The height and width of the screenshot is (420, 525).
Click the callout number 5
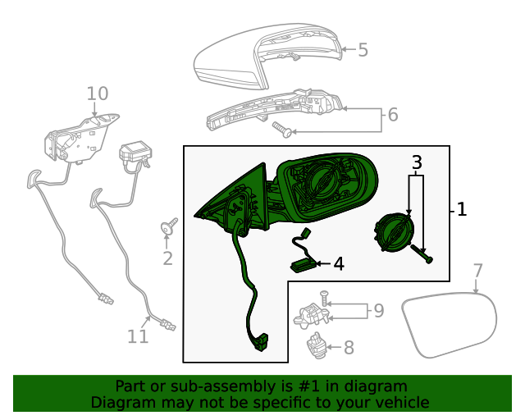point(363,49)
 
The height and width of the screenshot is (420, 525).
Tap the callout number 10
point(98,94)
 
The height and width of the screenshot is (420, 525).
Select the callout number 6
point(393,115)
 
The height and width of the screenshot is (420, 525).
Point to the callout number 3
point(417,162)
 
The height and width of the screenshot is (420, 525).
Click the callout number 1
point(462,209)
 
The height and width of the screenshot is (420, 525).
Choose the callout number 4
point(339,264)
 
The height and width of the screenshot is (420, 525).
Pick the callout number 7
point(477,271)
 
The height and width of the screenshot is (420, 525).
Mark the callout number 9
point(379,311)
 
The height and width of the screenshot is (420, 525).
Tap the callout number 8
point(349,348)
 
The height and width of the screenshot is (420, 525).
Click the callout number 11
point(138,336)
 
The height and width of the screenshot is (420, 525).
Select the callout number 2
point(167,258)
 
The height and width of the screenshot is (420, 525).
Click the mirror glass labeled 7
point(450,325)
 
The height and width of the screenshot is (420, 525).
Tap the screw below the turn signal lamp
point(281,130)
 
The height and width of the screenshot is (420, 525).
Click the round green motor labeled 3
point(394,232)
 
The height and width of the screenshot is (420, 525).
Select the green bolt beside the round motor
point(422,253)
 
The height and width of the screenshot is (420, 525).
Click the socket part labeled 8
point(317,345)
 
